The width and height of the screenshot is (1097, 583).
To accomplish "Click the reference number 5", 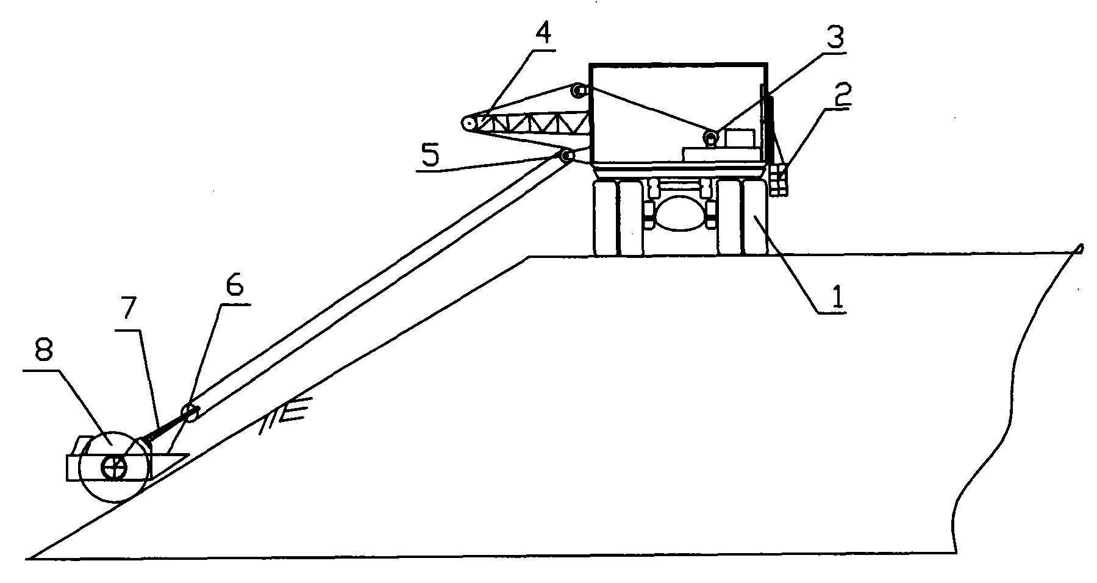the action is coord(430,156).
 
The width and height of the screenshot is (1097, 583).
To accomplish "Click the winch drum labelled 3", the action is coord(711,138).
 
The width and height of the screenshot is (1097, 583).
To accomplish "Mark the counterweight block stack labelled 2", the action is coord(778,180).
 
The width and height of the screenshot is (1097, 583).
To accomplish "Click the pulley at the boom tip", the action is coord(468,123).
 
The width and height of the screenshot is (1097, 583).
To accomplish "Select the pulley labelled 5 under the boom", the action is coord(566,156).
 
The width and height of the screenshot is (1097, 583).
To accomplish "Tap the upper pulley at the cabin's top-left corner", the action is coord(578,91).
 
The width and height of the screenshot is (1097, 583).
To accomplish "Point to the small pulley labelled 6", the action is coord(188,411).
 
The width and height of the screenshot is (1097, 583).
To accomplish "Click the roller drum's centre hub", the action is coord(113,468).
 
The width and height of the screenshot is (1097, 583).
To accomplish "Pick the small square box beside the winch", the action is coord(740,138).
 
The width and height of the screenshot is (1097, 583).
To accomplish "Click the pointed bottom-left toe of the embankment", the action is coord(29,557).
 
